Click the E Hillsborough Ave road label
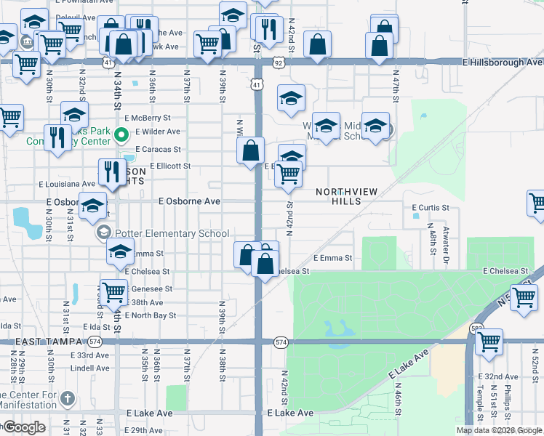[503, 62]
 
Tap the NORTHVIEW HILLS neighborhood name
[346, 196]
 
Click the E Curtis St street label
[431, 208]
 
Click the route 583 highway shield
[477, 328]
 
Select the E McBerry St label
[147, 117]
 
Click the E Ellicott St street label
[170, 166]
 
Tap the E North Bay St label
[151, 315]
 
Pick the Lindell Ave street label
[90, 368]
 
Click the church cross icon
[67, 398]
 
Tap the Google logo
[23, 427]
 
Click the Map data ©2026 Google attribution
[499, 430]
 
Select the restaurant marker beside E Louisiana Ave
[111, 173]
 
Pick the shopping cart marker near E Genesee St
[114, 293]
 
